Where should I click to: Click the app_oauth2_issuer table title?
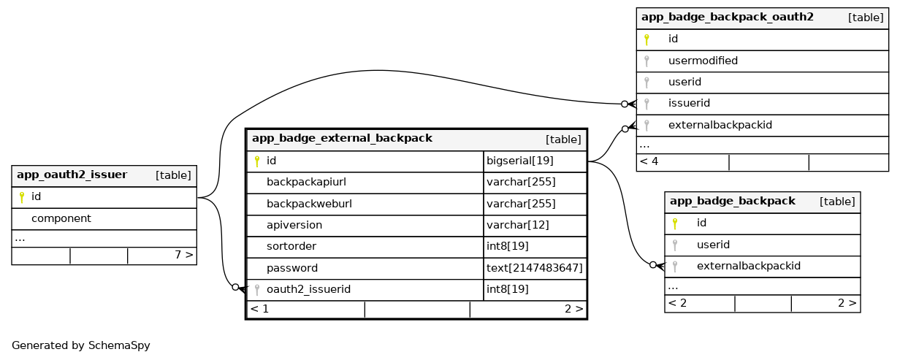click(72, 175)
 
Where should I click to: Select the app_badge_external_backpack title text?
click(342, 139)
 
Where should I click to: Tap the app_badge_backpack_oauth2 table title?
click(728, 18)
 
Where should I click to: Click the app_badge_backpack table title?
click(733, 202)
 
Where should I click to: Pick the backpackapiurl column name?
click(306, 183)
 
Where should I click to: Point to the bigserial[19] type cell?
click(520, 161)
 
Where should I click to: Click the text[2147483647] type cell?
click(535, 268)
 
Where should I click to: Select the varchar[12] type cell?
click(517, 225)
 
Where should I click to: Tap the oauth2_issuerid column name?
click(308, 289)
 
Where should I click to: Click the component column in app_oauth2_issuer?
click(61, 218)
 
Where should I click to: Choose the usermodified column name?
click(703, 61)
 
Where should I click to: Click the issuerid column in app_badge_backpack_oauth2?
click(689, 103)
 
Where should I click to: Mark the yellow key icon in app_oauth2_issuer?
click(22, 197)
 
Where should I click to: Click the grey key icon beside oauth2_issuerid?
click(257, 290)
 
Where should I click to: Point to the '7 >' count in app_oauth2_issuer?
click(184, 255)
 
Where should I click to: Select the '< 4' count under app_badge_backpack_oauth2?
click(649, 161)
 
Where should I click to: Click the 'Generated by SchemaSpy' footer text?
click(81, 345)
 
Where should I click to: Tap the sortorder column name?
click(291, 246)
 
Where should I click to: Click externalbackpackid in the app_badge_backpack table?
click(749, 266)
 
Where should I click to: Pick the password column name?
click(292, 269)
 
